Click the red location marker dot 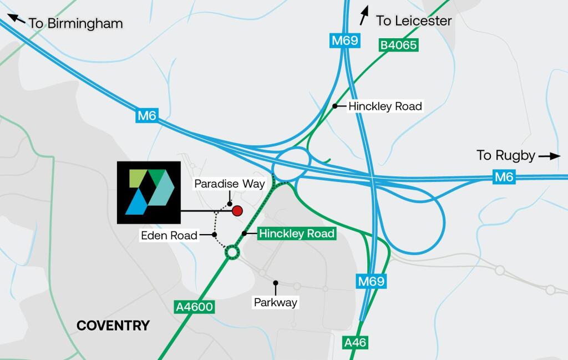click(x=237, y=210)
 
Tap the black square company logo click(x=149, y=192)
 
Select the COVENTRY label click(x=113, y=326)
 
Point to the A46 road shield click(x=355, y=343)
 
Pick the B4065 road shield click(x=398, y=45)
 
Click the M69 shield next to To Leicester click(x=344, y=40)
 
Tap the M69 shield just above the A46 click(x=371, y=281)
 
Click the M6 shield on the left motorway click(x=148, y=116)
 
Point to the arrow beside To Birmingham click(x=16, y=19)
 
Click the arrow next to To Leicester click(x=364, y=16)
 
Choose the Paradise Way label click(x=230, y=184)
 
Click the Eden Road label click(x=169, y=236)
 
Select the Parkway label click(x=276, y=303)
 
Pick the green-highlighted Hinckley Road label click(x=297, y=234)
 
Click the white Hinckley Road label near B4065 click(x=385, y=106)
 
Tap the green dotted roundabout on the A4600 click(x=231, y=253)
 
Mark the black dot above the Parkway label click(x=275, y=283)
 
